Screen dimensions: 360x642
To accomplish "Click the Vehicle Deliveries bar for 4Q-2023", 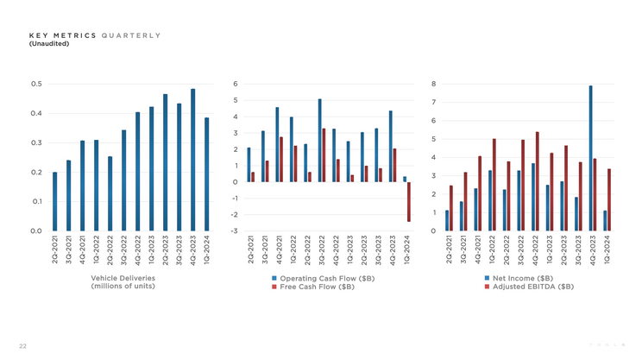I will click(x=192, y=160).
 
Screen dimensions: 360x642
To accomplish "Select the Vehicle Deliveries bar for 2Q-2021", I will click(x=54, y=201).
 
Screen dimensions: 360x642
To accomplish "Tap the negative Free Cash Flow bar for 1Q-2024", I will click(x=409, y=202).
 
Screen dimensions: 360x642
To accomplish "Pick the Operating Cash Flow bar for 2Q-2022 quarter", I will click(x=305, y=163).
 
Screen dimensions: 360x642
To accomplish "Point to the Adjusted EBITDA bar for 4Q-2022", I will click(x=538, y=181).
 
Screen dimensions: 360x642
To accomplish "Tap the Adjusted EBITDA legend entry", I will click(x=527, y=287).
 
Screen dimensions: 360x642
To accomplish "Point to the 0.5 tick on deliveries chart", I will click(x=36, y=84).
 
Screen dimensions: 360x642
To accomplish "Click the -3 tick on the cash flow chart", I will click(x=234, y=231).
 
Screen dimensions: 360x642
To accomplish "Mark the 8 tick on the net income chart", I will click(x=433, y=84).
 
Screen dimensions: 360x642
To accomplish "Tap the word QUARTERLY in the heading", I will click(x=130, y=35).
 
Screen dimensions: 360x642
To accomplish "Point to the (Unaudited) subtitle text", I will click(x=49, y=43).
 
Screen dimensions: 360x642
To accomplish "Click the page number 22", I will click(x=22, y=346).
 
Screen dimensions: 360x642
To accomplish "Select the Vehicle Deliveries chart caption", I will click(x=123, y=282).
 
